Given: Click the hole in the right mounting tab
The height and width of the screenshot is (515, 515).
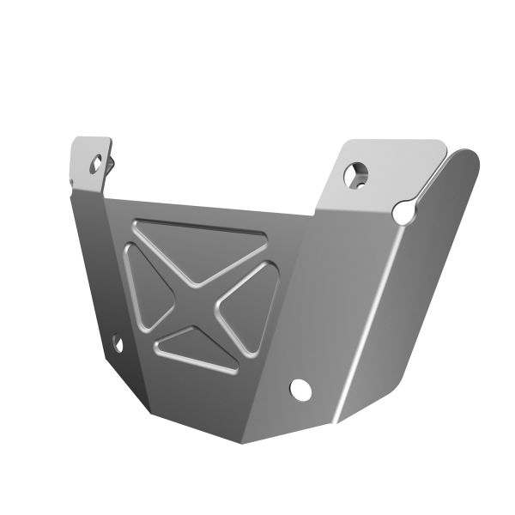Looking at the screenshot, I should [353, 175].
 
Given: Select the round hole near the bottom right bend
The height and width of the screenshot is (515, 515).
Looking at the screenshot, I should [300, 389].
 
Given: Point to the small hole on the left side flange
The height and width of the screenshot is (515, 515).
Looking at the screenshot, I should [117, 345].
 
